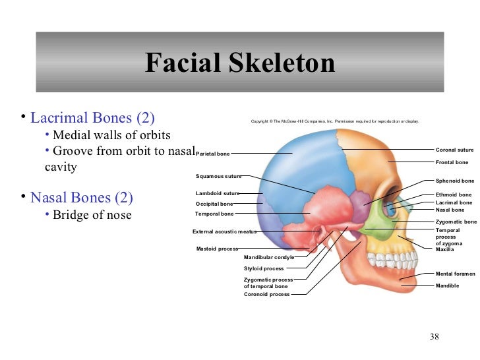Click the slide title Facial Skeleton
[x=240, y=63]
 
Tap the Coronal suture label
[x=454, y=150]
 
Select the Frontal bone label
[x=452, y=162]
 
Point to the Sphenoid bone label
[x=454, y=181]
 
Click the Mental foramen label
[x=455, y=274]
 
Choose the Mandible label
[x=447, y=285]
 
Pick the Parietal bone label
[x=214, y=154]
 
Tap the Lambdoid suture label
[x=217, y=193]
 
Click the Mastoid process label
[x=217, y=249]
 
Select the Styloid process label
[x=264, y=268]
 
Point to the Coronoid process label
[x=266, y=294]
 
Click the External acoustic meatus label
[x=224, y=231]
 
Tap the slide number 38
[x=434, y=338]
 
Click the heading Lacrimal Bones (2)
[x=92, y=119]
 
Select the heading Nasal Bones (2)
[x=82, y=197]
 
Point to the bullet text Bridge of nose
[x=92, y=215]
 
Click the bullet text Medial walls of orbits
[x=111, y=135]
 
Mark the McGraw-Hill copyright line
[x=334, y=121]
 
